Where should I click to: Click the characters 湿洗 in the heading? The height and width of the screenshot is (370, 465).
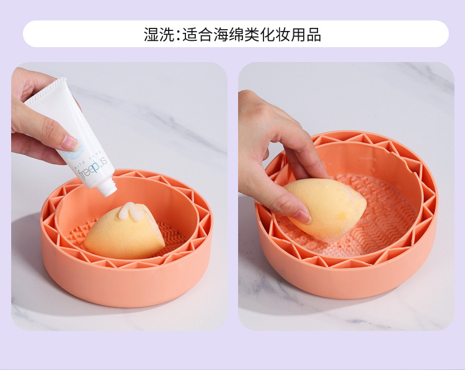(x=159, y=35)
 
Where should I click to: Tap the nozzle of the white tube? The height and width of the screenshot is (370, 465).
(x=109, y=188)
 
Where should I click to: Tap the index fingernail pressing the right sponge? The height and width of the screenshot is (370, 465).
(x=303, y=216)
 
